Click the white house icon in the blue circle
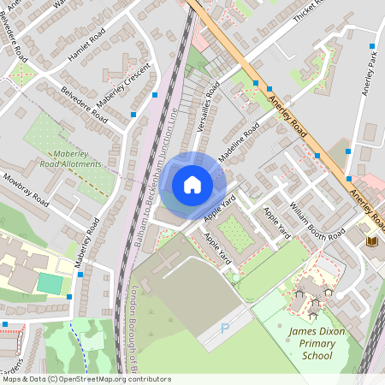192,185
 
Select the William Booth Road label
316,220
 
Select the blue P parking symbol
225,328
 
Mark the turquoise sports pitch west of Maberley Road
50,283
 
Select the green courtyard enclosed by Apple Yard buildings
237,233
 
